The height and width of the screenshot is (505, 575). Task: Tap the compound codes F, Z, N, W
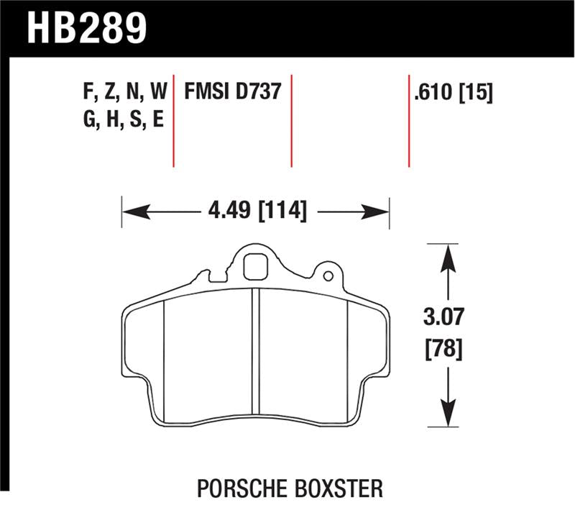[124, 92]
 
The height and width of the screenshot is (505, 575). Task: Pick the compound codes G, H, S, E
[123, 119]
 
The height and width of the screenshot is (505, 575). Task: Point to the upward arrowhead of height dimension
[447, 255]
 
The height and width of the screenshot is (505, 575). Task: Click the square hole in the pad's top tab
[254, 267]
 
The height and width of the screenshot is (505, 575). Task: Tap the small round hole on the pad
[328, 276]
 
